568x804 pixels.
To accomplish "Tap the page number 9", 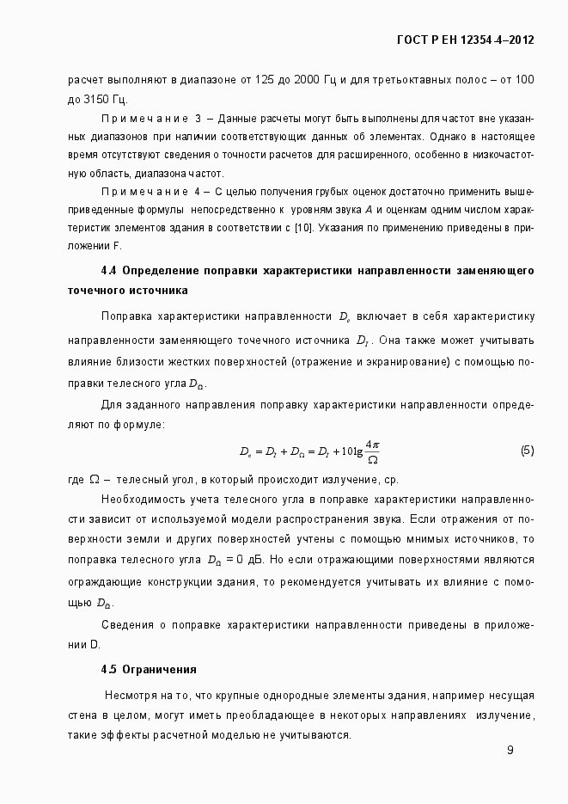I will click(x=510, y=750).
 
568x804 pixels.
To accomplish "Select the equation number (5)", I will click(x=527, y=451).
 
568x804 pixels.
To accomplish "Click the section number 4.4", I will click(x=108, y=270).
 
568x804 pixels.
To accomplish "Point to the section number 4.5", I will click(x=108, y=669).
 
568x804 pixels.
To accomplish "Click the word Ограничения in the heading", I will click(x=160, y=669).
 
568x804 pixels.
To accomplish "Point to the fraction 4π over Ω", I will click(x=371, y=451).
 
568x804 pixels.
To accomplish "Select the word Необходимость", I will click(x=143, y=499).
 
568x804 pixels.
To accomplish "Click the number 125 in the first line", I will click(x=242, y=80).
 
